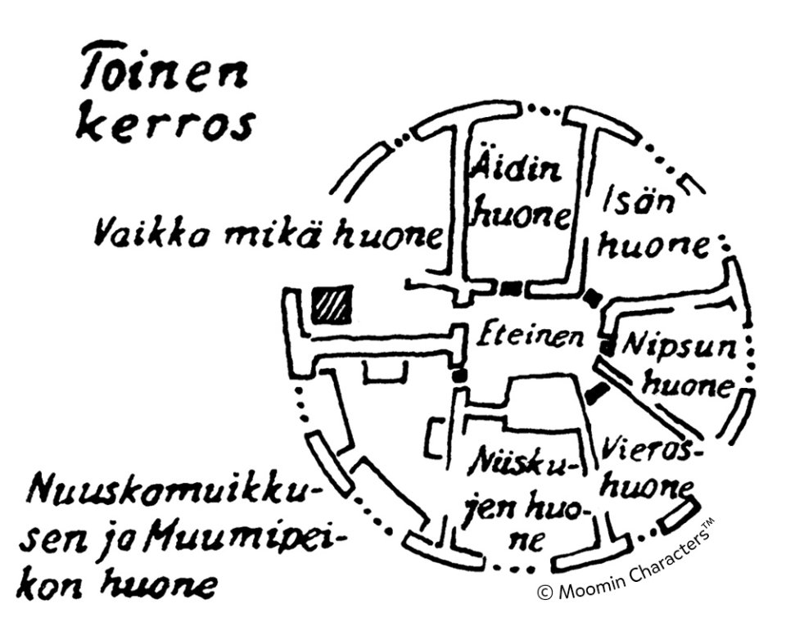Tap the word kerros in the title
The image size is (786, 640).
(165, 125)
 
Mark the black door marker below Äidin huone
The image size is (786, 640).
(511, 287)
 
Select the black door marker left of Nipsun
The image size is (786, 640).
(607, 348)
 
